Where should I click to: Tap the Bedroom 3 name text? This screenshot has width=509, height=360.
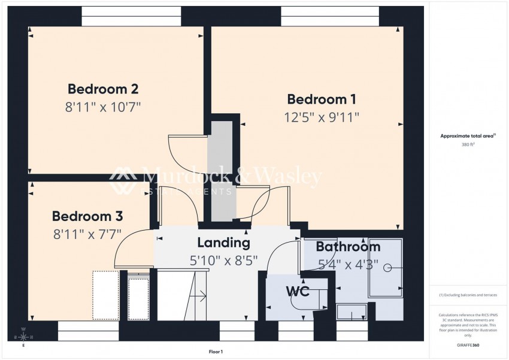coord(87,216)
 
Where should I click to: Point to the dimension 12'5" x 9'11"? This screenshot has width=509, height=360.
coord(322,117)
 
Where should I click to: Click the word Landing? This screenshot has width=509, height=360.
coord(223,243)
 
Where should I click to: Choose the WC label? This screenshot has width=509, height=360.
coord(297,292)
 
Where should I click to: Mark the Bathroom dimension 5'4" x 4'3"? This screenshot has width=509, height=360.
coord(347,264)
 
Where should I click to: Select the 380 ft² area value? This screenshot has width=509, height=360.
coord(468,144)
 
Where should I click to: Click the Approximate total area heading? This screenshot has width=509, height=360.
coord(468,136)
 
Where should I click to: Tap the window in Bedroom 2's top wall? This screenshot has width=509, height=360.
coord(131,16)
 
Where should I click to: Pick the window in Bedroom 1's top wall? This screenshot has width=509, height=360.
coord(330,16)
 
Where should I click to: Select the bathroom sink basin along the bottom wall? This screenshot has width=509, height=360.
coord(352,311)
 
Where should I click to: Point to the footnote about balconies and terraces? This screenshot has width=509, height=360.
coord(468,295)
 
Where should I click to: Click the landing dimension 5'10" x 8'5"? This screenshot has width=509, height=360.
coord(223,261)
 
